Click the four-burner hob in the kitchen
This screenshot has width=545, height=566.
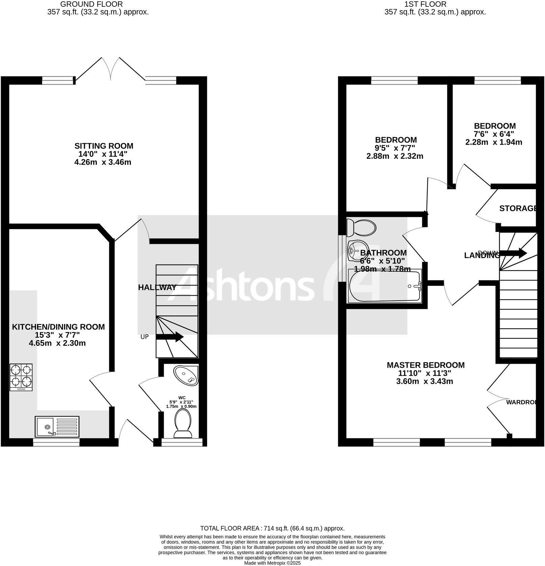click(x=21, y=377)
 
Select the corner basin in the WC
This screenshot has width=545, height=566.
click(x=186, y=375)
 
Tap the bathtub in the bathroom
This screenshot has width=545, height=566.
click(x=385, y=286)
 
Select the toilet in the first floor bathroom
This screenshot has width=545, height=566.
click(x=361, y=228)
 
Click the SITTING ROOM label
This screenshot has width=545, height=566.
click(x=104, y=146)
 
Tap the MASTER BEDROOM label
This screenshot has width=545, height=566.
click(x=425, y=365)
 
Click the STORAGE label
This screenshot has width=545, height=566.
click(x=518, y=208)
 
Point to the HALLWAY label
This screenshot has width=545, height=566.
click(x=157, y=288)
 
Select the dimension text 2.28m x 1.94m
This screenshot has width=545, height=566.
click(x=494, y=142)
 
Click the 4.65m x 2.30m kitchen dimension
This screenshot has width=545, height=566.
click(x=57, y=344)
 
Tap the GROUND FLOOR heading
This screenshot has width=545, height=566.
click(x=91, y=4)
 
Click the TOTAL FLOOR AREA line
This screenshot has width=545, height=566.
click(x=272, y=528)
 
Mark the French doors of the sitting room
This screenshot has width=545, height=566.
click(x=111, y=69)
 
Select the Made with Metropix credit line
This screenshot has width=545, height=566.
click(x=272, y=563)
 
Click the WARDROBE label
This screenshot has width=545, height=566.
click(x=521, y=402)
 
